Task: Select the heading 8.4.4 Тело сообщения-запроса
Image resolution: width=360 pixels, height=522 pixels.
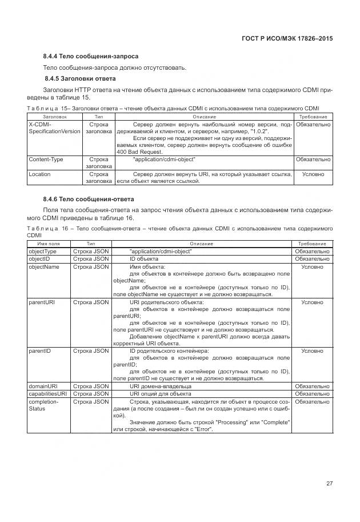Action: tap(90, 57)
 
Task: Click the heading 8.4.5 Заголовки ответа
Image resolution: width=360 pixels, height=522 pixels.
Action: tap(80, 78)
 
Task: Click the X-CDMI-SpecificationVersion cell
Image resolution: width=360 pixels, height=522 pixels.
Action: tap(54, 127)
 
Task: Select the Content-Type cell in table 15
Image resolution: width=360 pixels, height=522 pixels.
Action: tap(46, 160)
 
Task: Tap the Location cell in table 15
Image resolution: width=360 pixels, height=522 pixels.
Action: tap(39, 174)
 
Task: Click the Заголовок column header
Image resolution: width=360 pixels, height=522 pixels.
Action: tap(55, 117)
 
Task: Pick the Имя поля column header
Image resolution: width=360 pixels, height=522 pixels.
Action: tap(48, 244)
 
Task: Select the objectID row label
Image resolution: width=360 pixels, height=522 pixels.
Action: tap(39, 259)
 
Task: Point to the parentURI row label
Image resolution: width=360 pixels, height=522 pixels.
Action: tap(41, 302)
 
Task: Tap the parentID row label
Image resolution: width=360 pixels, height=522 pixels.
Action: tap(39, 350)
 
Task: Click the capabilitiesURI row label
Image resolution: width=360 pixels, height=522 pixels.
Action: tap(47, 394)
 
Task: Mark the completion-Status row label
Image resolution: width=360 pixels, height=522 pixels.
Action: tap(44, 405)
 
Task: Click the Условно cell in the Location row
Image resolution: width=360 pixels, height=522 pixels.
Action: tap(313, 174)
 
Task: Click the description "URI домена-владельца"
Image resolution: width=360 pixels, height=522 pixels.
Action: tap(161, 386)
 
